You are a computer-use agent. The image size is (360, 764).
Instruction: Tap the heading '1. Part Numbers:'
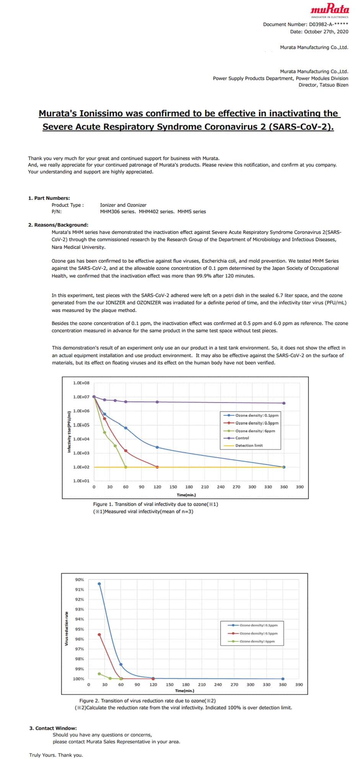click(49, 198)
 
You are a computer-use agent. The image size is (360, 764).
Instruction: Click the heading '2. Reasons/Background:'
click(58, 225)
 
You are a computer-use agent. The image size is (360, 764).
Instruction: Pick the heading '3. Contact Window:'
click(53, 728)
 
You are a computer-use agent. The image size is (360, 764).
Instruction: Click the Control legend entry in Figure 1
click(242, 438)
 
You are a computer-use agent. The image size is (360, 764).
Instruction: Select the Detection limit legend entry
click(249, 445)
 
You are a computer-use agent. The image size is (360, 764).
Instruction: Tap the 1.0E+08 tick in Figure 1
click(81, 383)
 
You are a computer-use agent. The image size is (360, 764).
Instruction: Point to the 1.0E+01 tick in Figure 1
click(81, 481)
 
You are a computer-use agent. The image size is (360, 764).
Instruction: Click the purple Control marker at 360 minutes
click(284, 403)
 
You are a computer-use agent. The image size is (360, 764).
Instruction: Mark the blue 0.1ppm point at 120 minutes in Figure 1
click(157, 447)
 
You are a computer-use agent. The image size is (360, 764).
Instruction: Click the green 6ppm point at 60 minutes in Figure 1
click(126, 467)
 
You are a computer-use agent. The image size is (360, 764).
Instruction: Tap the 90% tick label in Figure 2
click(80, 580)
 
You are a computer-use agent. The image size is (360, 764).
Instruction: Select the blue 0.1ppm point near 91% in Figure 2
click(99, 584)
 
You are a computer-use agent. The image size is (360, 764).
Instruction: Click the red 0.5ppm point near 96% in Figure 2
click(99, 635)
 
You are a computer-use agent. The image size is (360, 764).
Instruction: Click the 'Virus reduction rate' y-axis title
click(67, 629)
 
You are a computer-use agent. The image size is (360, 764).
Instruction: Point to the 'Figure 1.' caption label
click(103, 504)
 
